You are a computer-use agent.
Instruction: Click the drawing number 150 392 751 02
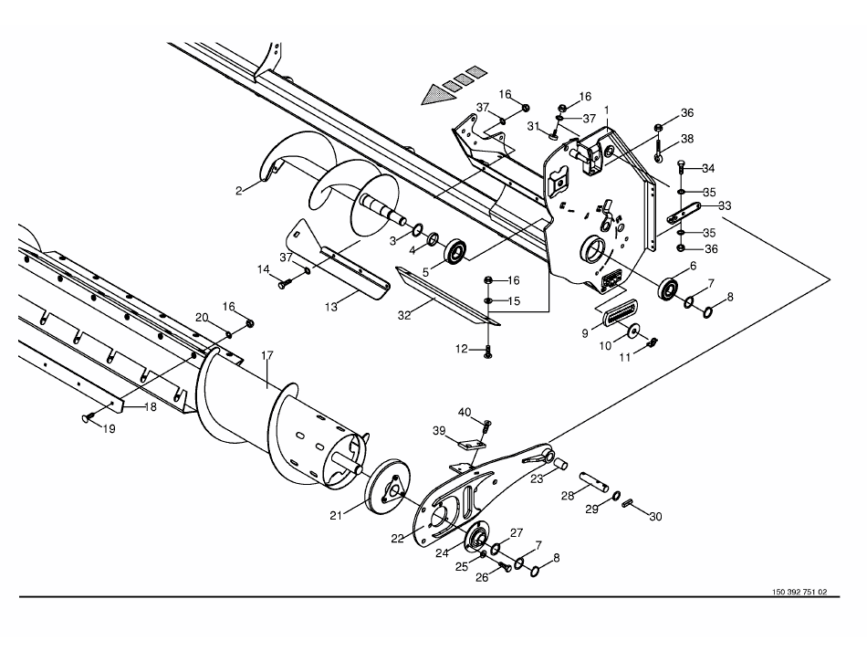(x=799, y=592)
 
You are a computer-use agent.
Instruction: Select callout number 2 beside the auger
(x=238, y=190)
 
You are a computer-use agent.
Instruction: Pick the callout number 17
(x=267, y=356)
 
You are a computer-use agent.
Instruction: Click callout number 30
(x=655, y=516)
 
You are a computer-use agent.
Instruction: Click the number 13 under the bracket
(x=331, y=308)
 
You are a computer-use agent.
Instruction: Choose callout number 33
(x=725, y=205)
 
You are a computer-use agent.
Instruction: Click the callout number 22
(x=397, y=538)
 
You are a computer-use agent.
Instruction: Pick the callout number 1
(x=605, y=110)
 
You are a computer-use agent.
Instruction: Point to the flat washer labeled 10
(x=632, y=331)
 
